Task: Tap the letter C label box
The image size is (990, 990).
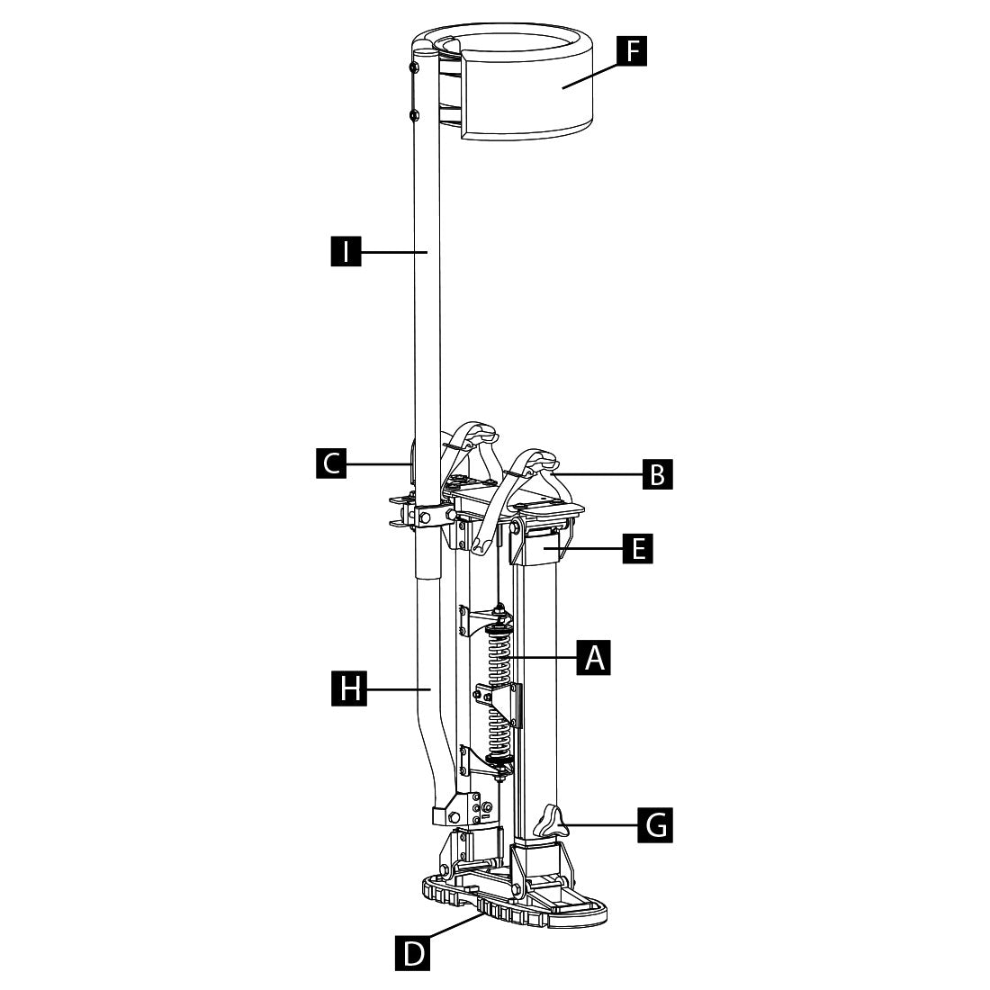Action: pyautogui.click(x=332, y=463)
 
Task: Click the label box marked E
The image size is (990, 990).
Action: pyautogui.click(x=638, y=547)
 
